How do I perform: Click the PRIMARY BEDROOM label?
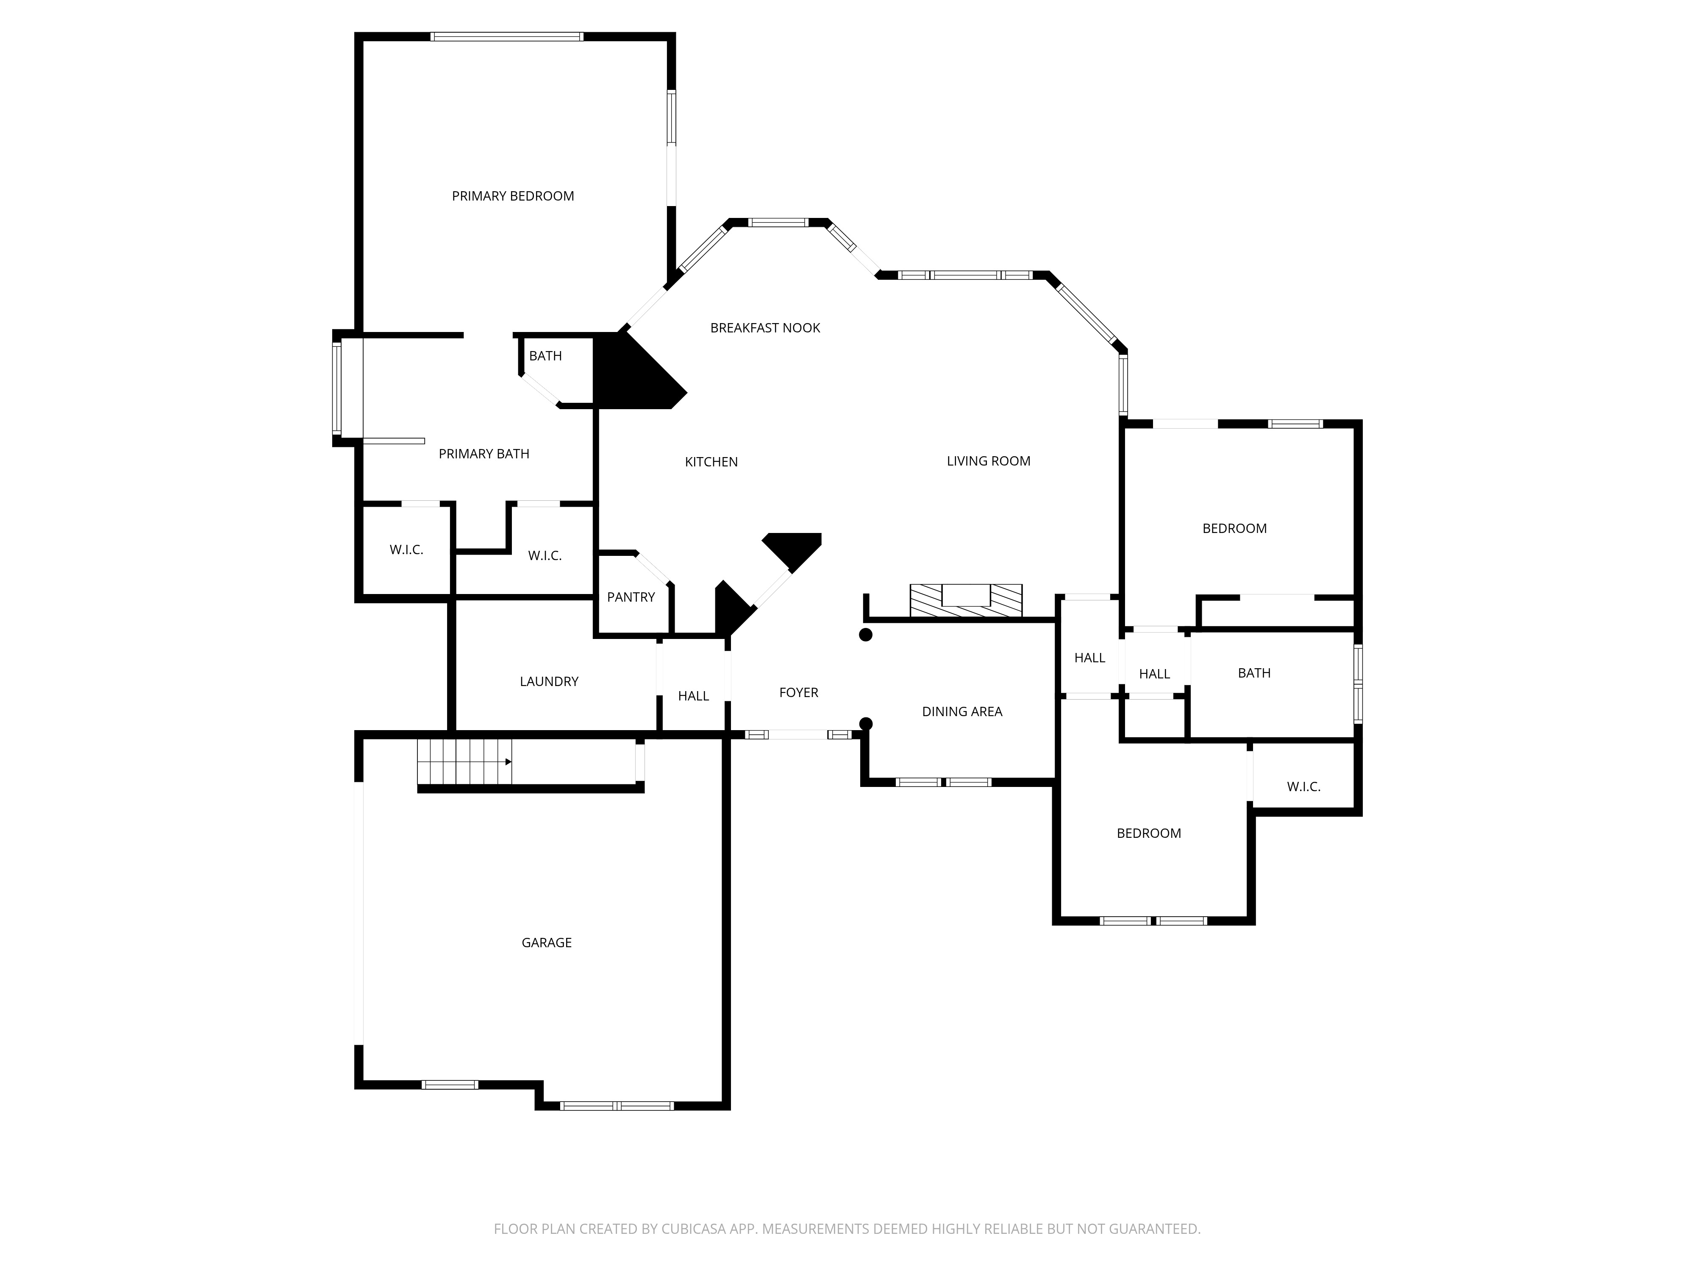(x=513, y=196)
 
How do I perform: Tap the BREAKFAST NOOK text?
(x=765, y=328)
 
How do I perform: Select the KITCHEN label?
(x=711, y=462)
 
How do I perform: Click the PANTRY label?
(x=631, y=597)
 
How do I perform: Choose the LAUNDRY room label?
(x=549, y=682)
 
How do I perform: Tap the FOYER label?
(x=798, y=692)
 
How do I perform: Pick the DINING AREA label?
(x=961, y=711)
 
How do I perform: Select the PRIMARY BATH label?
(x=483, y=454)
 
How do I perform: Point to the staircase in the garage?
(x=464, y=762)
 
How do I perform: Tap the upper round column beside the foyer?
(x=865, y=635)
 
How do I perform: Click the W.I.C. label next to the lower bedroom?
(x=1303, y=787)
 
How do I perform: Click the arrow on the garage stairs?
(x=508, y=762)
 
